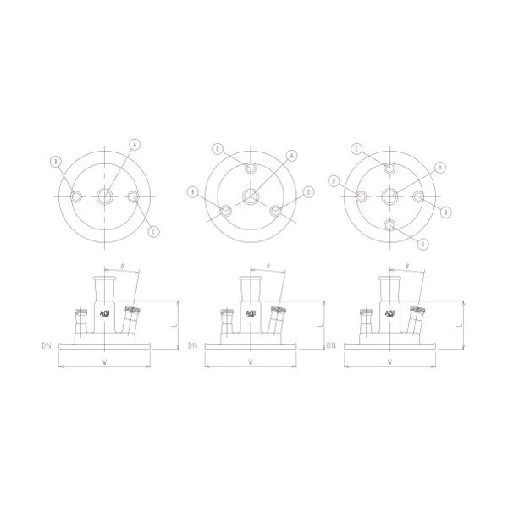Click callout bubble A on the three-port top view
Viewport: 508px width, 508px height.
click(x=134, y=145)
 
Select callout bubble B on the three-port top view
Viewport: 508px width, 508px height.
click(x=56, y=161)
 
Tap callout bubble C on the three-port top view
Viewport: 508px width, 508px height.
click(x=152, y=230)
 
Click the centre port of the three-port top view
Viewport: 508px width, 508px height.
click(x=104, y=196)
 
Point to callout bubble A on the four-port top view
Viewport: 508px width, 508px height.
click(x=292, y=155)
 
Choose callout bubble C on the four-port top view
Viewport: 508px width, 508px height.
click(x=218, y=150)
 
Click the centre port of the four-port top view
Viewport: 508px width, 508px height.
click(x=251, y=197)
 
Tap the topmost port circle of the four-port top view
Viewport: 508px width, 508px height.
click(x=251, y=168)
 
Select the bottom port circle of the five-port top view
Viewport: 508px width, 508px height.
click(x=389, y=225)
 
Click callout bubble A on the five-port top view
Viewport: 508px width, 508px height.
click(x=440, y=167)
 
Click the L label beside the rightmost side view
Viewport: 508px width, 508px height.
click(x=458, y=323)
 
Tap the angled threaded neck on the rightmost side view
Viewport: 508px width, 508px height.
click(x=417, y=321)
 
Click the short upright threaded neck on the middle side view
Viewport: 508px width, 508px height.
click(x=225, y=322)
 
